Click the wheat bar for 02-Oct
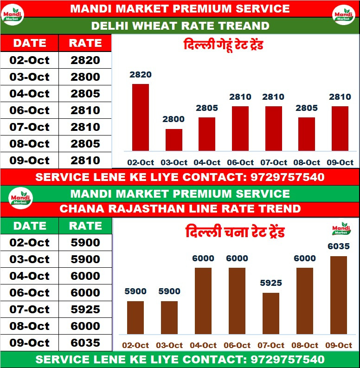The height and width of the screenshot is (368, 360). pyautogui.click(x=141, y=117)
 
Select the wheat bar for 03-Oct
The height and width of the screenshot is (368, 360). pyautogui.click(x=174, y=140)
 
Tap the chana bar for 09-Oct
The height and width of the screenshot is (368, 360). pyautogui.click(x=338, y=295)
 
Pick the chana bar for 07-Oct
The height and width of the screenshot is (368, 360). pyautogui.click(x=271, y=313)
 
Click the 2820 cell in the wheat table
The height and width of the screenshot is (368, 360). pyautogui.click(x=85, y=60)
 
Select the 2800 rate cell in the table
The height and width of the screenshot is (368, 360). pyautogui.click(x=85, y=77)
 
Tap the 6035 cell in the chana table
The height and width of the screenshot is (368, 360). pyautogui.click(x=85, y=342)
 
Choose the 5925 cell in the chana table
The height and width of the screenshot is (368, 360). pyautogui.click(x=85, y=309)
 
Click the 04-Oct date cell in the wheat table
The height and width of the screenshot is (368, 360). pyautogui.click(x=29, y=93)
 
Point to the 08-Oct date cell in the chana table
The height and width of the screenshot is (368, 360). pyautogui.click(x=29, y=326)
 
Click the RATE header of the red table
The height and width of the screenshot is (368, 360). pyautogui.click(x=85, y=43)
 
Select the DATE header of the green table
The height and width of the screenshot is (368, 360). pyautogui.click(x=29, y=226)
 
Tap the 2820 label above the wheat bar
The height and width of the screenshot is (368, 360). pyautogui.click(x=141, y=75)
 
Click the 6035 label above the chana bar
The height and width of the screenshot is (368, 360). pyautogui.click(x=338, y=246)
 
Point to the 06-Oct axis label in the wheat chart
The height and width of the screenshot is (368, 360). pyautogui.click(x=240, y=162)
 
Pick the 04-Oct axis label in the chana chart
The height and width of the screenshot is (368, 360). pyautogui.click(x=203, y=345)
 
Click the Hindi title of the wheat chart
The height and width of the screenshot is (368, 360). pyautogui.click(x=224, y=46)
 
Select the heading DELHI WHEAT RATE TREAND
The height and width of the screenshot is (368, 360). pyautogui.click(x=180, y=26)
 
